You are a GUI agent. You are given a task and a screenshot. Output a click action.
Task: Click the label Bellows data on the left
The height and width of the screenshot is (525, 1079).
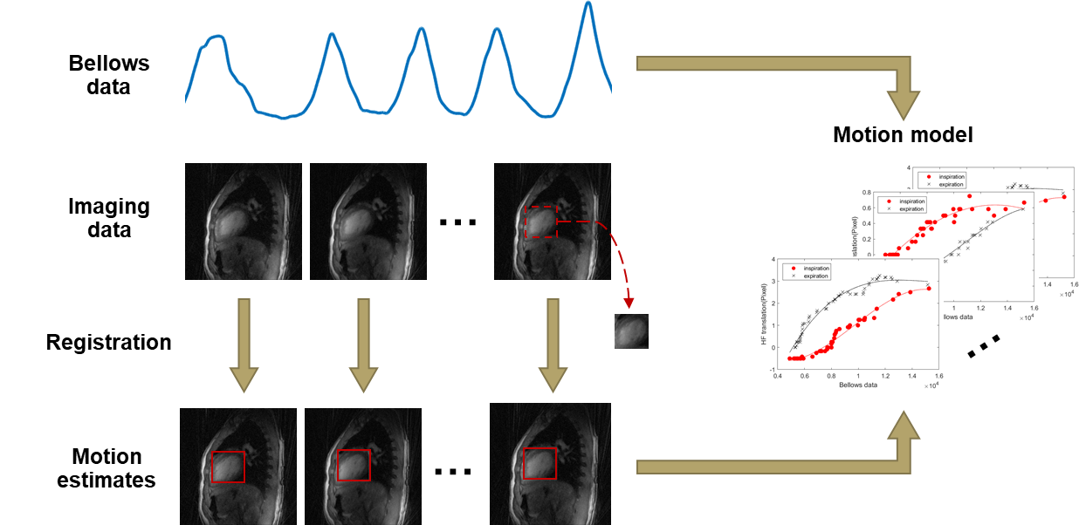[108, 75]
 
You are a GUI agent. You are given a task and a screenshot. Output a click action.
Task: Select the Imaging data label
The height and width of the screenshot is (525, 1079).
[108, 218]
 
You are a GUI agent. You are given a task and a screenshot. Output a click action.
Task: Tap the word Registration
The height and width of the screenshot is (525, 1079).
[108, 343]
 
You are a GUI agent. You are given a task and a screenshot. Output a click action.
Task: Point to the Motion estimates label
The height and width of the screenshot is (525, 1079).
[107, 468]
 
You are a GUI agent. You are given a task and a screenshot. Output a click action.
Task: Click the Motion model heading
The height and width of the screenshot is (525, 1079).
[903, 135]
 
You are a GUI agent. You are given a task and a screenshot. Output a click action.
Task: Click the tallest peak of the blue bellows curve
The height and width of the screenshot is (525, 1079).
[589, 4]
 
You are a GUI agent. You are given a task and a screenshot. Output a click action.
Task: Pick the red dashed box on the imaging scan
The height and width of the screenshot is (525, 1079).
[540, 222]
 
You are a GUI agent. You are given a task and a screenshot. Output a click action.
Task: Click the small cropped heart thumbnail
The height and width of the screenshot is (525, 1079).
[631, 332]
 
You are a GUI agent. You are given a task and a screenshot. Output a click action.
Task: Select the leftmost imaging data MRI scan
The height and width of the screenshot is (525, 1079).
[244, 222]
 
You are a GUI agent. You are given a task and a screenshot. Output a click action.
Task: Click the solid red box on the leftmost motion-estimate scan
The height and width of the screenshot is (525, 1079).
[228, 466]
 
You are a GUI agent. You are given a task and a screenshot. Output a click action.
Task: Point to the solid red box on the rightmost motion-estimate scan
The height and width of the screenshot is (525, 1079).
[539, 462]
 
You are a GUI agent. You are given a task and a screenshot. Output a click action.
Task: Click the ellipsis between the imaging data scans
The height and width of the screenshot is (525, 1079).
[457, 222]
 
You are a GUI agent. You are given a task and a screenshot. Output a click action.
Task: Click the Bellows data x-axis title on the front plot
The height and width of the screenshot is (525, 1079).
[857, 385]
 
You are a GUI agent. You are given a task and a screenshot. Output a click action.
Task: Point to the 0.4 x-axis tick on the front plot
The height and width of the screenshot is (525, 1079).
[777, 377]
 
